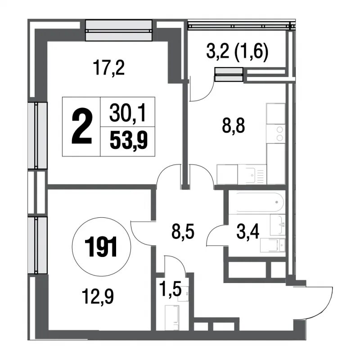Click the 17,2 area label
point(109,68)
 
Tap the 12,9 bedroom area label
point(98,297)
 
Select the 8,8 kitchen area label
point(234,126)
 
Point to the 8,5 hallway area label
point(183,232)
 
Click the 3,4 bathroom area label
point(248,232)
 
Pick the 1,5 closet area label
point(171,290)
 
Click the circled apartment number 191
point(101,247)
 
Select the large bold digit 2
point(82,127)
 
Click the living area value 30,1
point(128,112)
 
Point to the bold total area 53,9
point(129,141)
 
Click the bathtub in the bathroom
point(260,202)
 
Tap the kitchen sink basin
point(252,175)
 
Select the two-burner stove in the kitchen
point(276,134)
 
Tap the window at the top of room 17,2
point(119,30)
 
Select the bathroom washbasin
point(278,225)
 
